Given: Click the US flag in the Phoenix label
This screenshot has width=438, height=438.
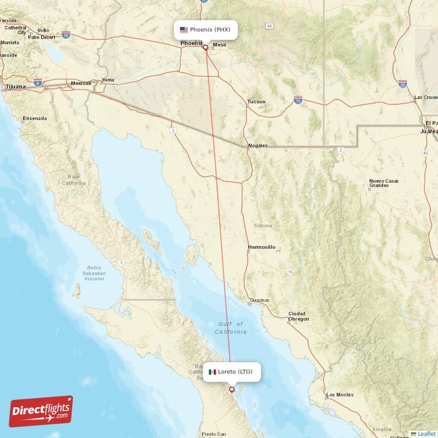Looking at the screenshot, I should pos(183,30).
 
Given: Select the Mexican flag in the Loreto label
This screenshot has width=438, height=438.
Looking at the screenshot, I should pos(212,372).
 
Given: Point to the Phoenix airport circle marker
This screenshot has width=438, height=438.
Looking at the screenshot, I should pos(205,47).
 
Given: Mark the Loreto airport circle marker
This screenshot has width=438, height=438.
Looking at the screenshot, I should pos(232,390).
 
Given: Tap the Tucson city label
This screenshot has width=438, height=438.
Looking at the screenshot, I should pos(256,102).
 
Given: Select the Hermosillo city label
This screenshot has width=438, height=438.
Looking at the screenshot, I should pos(261,247).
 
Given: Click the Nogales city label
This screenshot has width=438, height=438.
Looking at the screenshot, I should pos(258,146).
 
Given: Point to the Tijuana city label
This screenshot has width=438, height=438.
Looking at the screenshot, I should pos(15,87).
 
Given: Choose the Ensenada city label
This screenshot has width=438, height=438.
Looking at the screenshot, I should pos(34,118).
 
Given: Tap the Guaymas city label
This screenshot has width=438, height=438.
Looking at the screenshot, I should pos(260,301).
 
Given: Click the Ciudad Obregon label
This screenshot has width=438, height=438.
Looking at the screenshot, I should pos(298,316).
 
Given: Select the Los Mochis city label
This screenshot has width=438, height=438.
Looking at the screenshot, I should pos(339,395).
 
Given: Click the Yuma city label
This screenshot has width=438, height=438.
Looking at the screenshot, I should pos(108,81).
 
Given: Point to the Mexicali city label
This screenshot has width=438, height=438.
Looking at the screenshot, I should pos(80,84).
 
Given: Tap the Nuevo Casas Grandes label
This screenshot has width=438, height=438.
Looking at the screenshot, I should pos(383,183).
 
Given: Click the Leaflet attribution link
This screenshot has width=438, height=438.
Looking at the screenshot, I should pos(426,434).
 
